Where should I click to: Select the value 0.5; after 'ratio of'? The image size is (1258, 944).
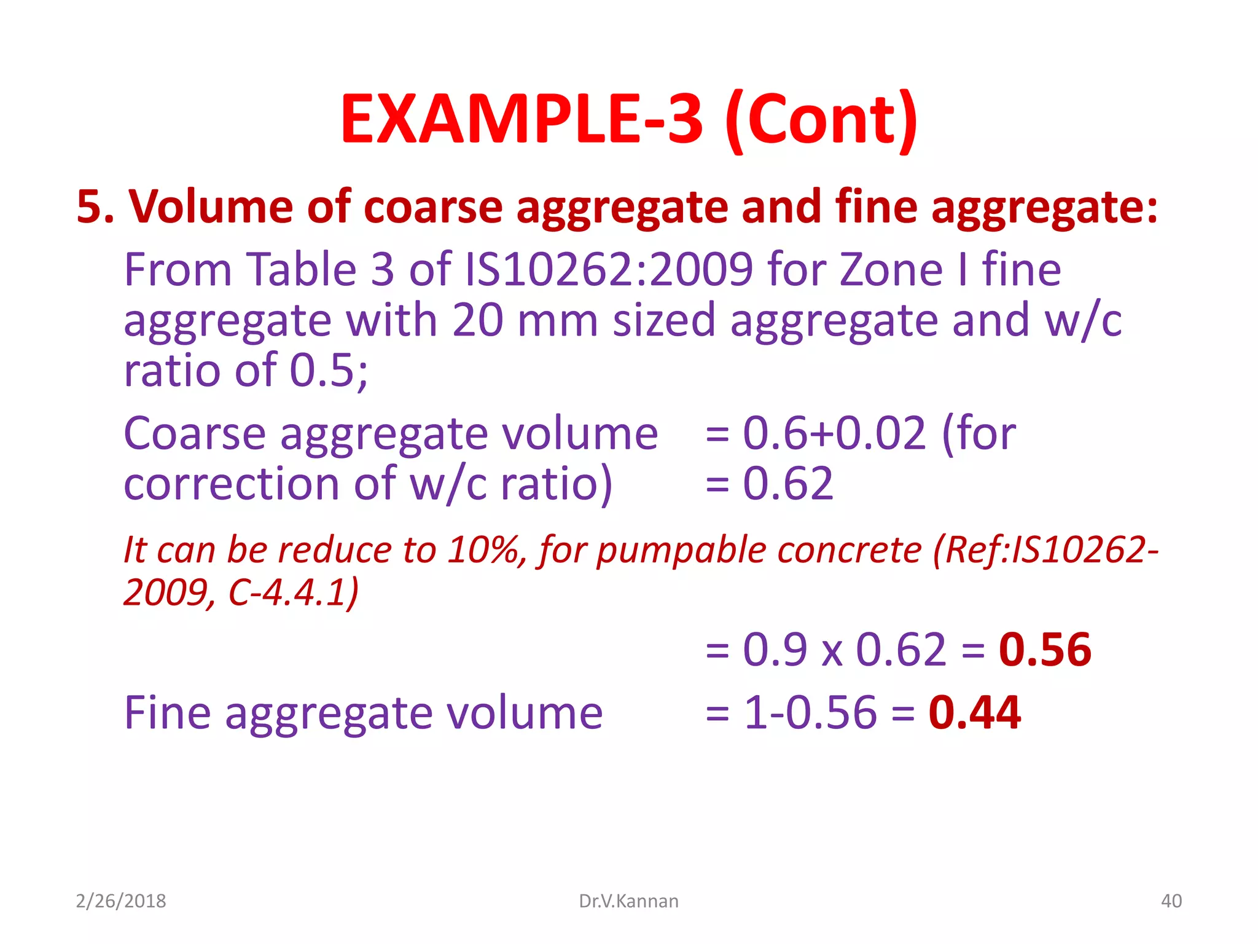329,371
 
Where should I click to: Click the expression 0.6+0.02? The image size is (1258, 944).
834,433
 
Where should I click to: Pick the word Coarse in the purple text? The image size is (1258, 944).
195,433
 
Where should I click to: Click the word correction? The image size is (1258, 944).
231,484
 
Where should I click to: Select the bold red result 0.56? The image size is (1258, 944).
1045,650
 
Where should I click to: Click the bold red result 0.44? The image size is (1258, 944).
974,713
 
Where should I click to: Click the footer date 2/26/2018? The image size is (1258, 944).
121,901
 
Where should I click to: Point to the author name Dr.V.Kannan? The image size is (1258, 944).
628,901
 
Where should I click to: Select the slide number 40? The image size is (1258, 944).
1171,901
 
